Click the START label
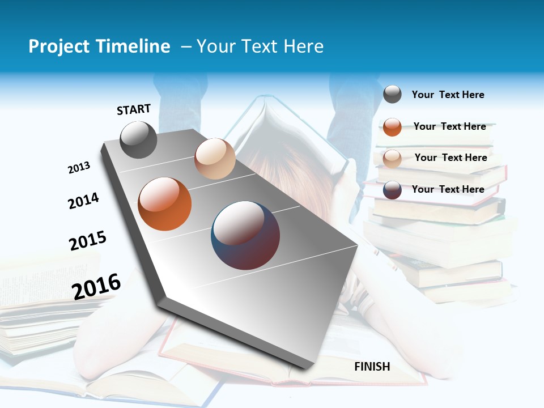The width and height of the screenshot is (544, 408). click(x=134, y=109)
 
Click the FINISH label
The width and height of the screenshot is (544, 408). click(x=372, y=367)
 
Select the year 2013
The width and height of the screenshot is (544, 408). click(x=79, y=168)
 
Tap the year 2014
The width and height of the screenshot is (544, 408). click(x=83, y=201)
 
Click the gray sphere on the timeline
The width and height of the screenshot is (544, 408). click(x=138, y=140)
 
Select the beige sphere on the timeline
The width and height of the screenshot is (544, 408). click(x=215, y=159)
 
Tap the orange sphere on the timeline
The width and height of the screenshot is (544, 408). click(x=165, y=204)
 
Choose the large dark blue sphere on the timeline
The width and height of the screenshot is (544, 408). click(x=245, y=235)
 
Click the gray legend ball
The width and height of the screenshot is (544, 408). click(x=392, y=94)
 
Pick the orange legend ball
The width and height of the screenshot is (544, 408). click(x=392, y=127)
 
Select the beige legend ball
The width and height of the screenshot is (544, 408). click(x=392, y=158)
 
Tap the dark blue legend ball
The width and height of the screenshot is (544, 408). click(x=392, y=190)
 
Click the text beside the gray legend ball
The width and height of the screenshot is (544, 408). click(x=448, y=95)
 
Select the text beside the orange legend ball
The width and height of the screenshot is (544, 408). click(x=449, y=126)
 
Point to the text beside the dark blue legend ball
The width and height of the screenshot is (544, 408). click(x=448, y=189)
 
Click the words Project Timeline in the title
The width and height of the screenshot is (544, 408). click(x=99, y=46)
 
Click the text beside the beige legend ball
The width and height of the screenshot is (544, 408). click(x=450, y=158)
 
